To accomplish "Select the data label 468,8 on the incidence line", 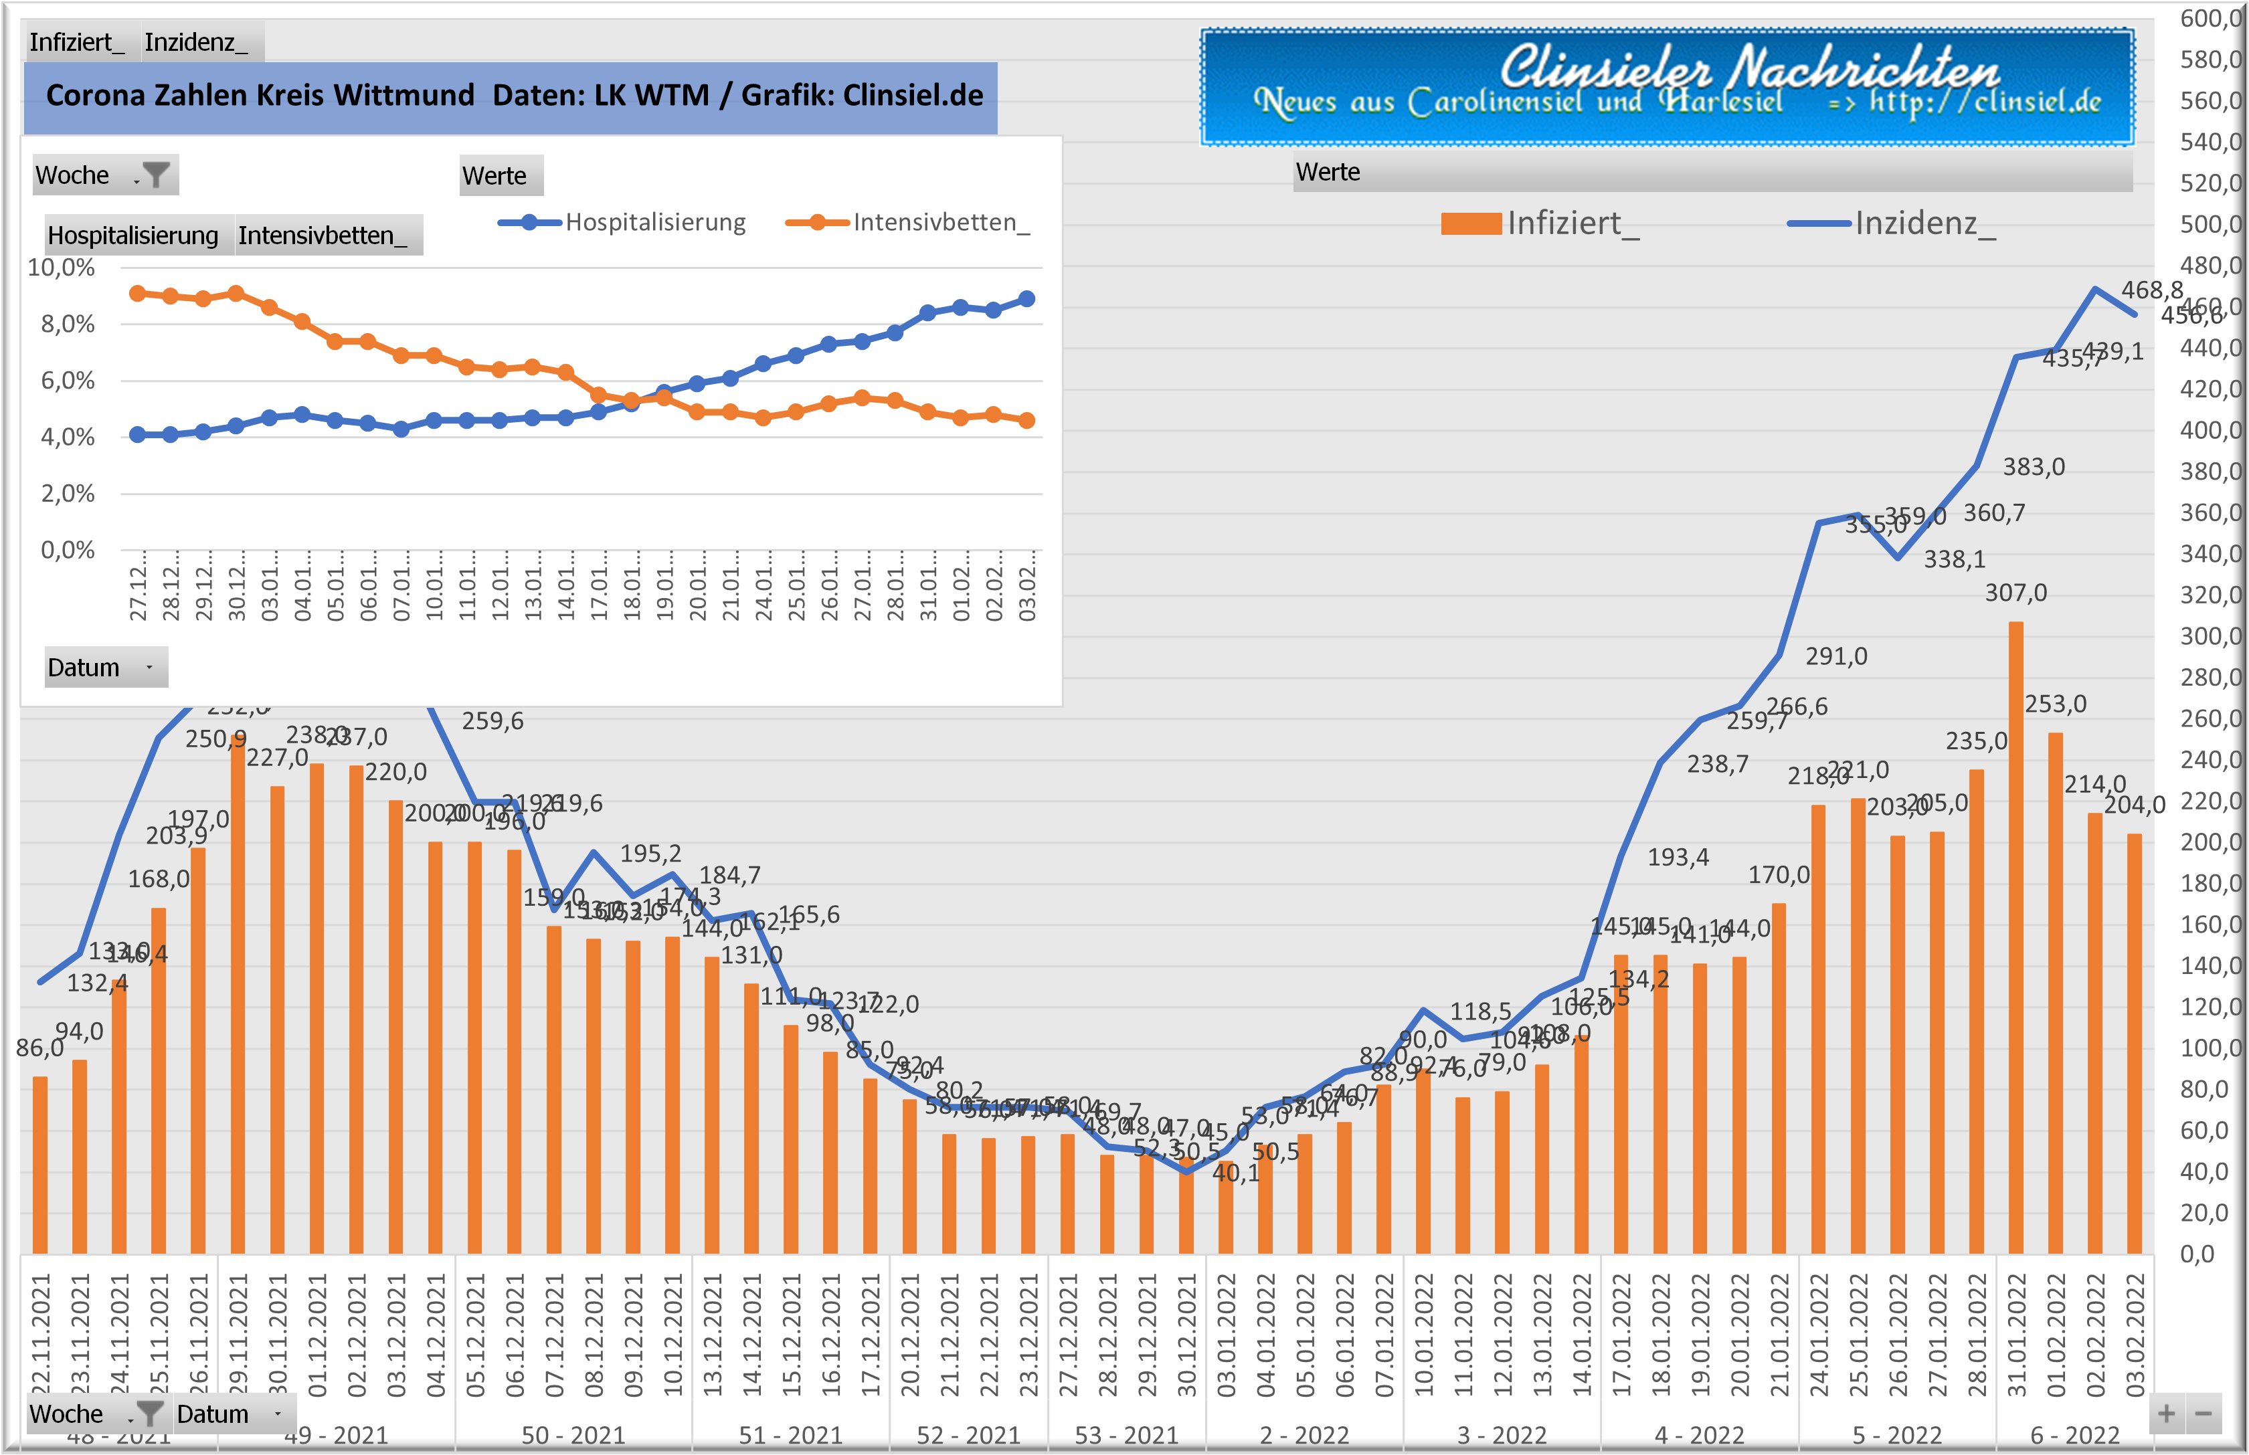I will click(x=2152, y=290).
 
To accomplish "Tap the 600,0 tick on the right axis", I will click(x=2210, y=18).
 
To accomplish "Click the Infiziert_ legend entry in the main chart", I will click(x=1540, y=224).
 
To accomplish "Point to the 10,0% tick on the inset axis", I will click(x=62, y=268).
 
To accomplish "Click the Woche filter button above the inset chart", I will click(x=155, y=175).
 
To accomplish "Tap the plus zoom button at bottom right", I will click(x=2167, y=1414).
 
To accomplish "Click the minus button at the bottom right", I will click(x=2203, y=1414).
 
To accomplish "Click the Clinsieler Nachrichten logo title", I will click(x=1748, y=68).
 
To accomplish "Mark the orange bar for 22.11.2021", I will click(x=39, y=1164).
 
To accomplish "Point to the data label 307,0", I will click(x=2015, y=593).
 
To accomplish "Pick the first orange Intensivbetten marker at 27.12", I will click(x=138, y=293).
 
